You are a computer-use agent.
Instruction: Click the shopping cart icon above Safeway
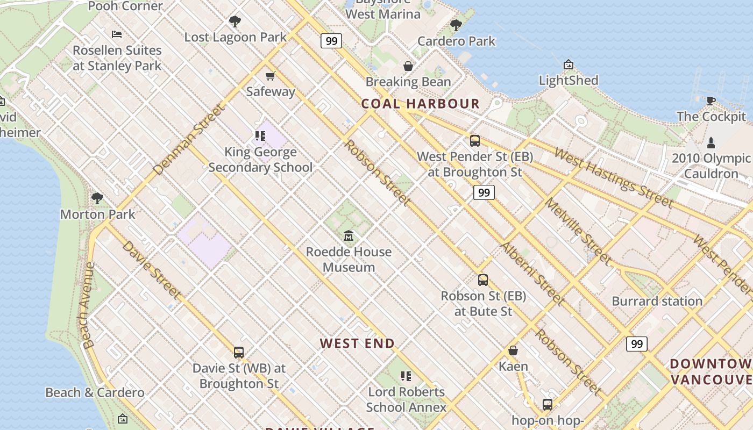pyautogui.click(x=271, y=76)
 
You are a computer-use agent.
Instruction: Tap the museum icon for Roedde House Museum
pyautogui.click(x=349, y=236)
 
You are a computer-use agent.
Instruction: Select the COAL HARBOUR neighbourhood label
pyautogui.click(x=420, y=104)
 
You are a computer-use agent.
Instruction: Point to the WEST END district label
pyautogui.click(x=357, y=343)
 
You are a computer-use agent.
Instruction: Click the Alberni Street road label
pyautogui.click(x=531, y=274)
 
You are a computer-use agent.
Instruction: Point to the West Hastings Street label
pyautogui.click(x=613, y=178)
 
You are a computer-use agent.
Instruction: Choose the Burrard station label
pyautogui.click(x=657, y=301)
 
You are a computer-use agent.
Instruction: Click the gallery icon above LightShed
pyautogui.click(x=569, y=65)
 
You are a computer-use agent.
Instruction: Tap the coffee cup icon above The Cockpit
pyautogui.click(x=711, y=101)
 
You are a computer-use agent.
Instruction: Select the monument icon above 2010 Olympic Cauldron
pyautogui.click(x=711, y=143)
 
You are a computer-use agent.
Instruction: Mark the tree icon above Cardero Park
pyautogui.click(x=456, y=25)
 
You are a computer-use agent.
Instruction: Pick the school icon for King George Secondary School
pyautogui.click(x=260, y=136)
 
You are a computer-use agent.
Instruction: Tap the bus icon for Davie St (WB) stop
pyautogui.click(x=239, y=353)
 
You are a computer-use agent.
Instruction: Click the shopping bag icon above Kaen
pyautogui.click(x=513, y=350)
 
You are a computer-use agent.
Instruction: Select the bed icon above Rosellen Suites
pyautogui.click(x=117, y=34)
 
